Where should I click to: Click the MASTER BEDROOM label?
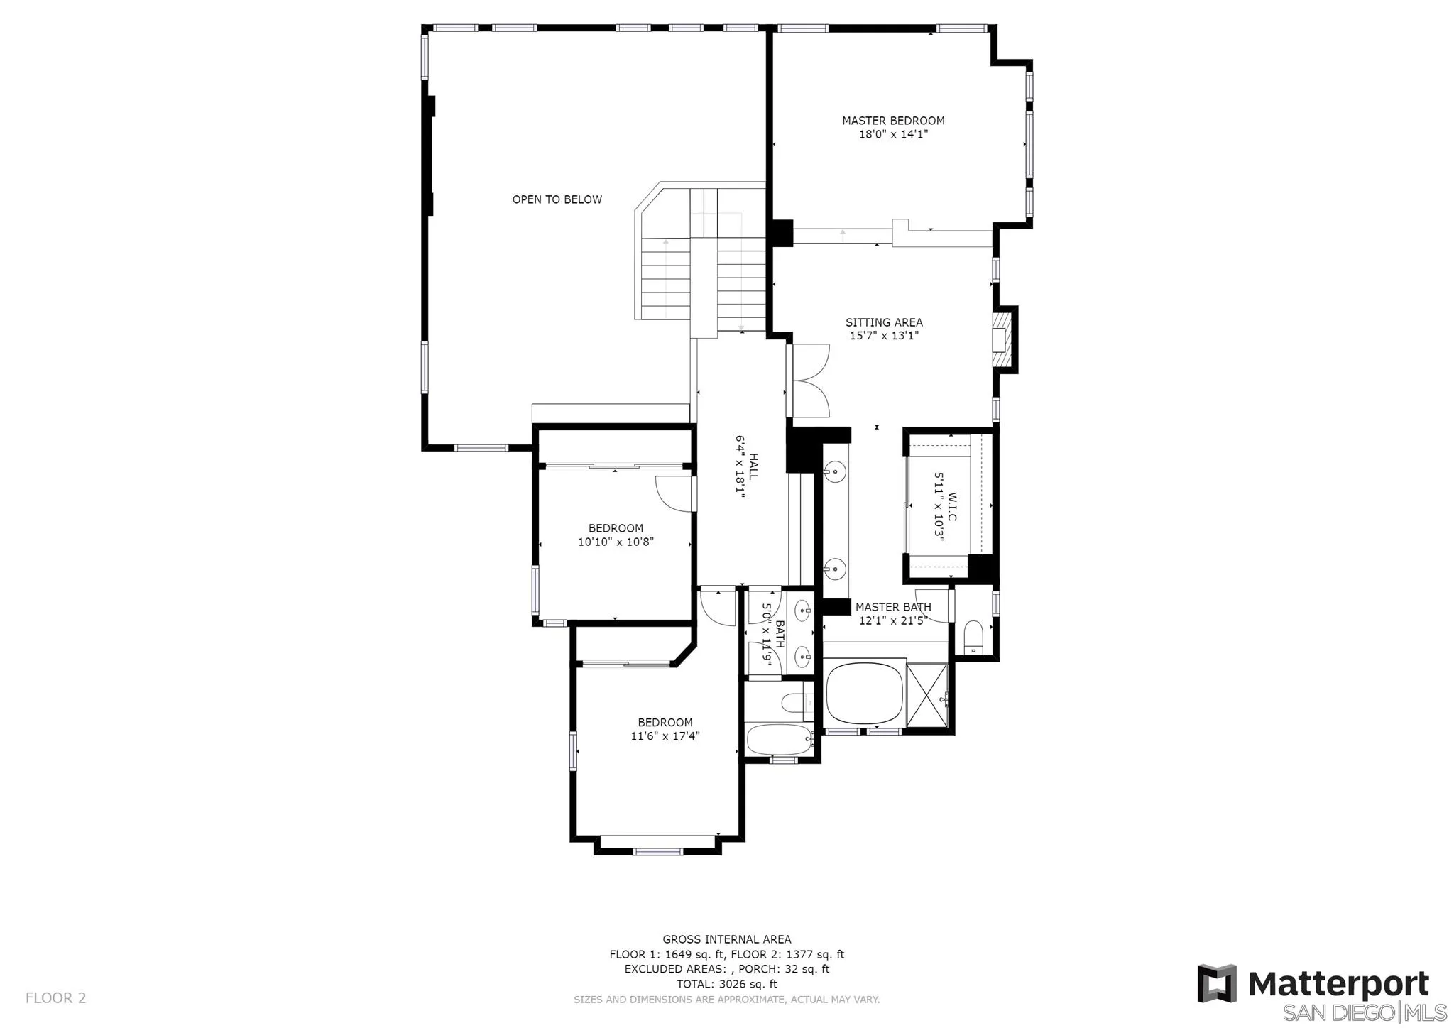pyautogui.click(x=893, y=121)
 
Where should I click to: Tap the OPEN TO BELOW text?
pyautogui.click(x=557, y=199)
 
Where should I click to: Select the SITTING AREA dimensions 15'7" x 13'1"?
pyautogui.click(x=884, y=336)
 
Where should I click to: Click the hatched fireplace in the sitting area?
pyautogui.click(x=1001, y=339)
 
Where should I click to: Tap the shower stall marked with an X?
pyautogui.click(x=927, y=696)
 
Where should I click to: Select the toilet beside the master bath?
pyautogui.click(x=973, y=636)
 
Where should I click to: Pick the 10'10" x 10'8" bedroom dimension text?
pyautogui.click(x=616, y=542)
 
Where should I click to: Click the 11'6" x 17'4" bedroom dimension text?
pyautogui.click(x=665, y=736)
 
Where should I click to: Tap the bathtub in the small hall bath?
pyautogui.click(x=778, y=740)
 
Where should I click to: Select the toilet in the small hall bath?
pyautogui.click(x=793, y=703)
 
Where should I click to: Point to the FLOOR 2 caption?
pyautogui.click(x=55, y=997)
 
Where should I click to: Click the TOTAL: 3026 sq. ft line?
pyautogui.click(x=726, y=984)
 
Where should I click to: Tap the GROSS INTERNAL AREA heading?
pyautogui.click(x=726, y=939)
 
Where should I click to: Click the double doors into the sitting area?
pyautogui.click(x=810, y=381)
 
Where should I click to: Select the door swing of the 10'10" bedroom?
pyautogui.click(x=673, y=493)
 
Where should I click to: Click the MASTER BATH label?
pyautogui.click(x=892, y=607)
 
